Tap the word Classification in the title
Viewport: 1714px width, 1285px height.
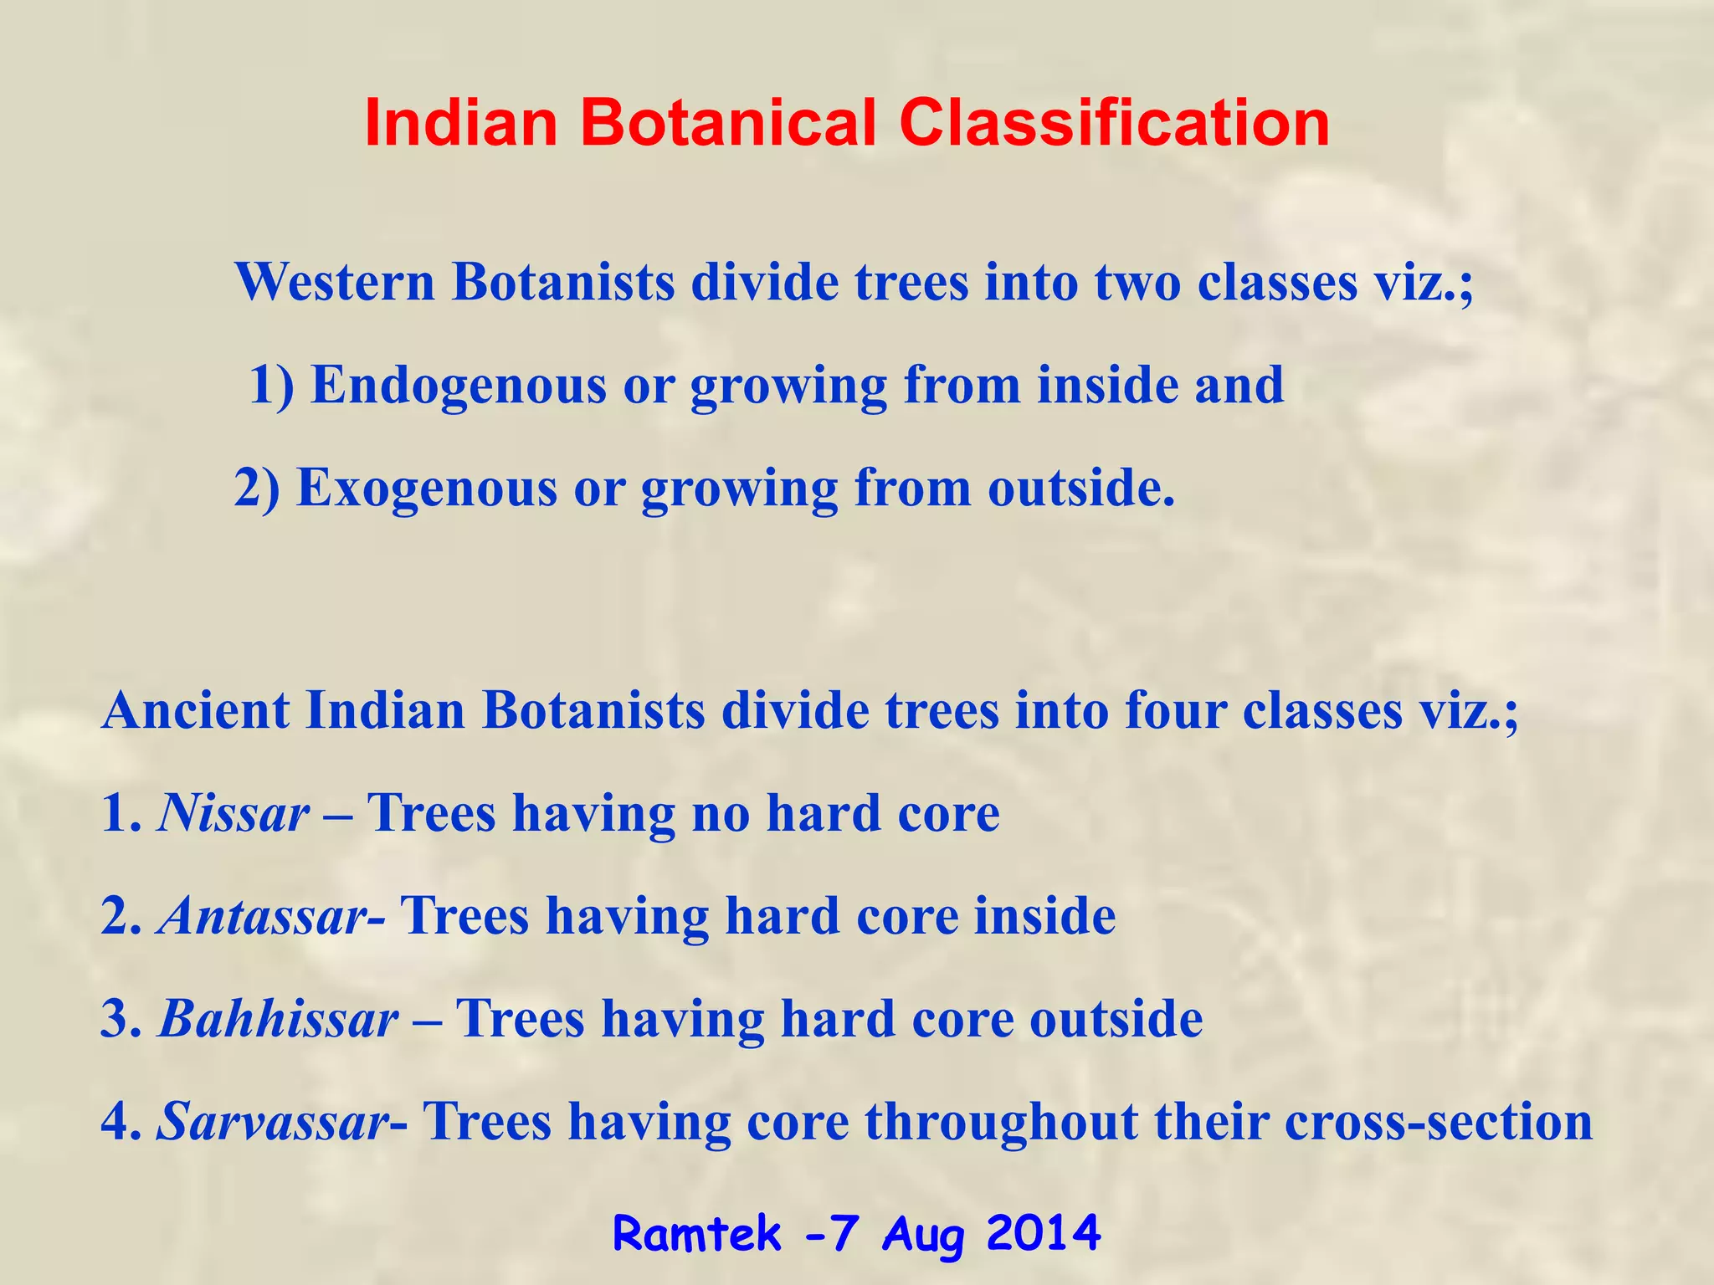[x=1114, y=124]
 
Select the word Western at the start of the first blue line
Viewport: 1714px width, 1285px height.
[x=335, y=282]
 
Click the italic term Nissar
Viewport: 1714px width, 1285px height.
[x=233, y=813]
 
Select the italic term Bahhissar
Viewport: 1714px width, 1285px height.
[x=278, y=1019]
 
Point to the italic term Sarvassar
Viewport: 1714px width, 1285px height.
[x=273, y=1122]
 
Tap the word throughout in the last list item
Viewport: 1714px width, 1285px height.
[x=1001, y=1122]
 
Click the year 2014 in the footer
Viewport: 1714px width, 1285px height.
[x=1043, y=1233]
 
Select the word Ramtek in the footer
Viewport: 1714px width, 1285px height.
[x=696, y=1233]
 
